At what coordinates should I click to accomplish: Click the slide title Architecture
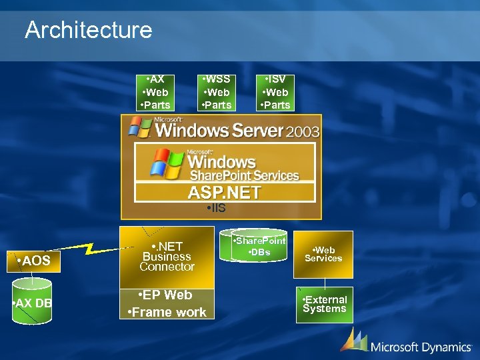tap(88, 29)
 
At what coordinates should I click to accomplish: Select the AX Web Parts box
tap(155, 92)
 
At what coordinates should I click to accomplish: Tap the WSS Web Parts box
tap(216, 92)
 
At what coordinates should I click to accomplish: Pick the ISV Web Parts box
tap(275, 92)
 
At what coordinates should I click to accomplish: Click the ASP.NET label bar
tap(225, 193)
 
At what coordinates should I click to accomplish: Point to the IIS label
tap(216, 209)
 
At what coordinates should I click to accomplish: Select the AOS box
tap(34, 261)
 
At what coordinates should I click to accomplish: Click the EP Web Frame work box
tap(167, 303)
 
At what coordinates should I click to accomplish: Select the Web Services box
tap(323, 254)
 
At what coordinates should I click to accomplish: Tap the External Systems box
tap(324, 304)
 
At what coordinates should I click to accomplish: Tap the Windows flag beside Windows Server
tap(141, 127)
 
